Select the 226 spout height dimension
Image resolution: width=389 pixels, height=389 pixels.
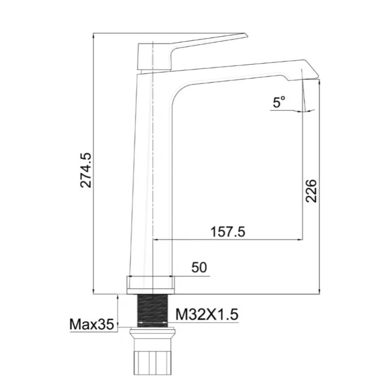pyautogui.click(x=312, y=190)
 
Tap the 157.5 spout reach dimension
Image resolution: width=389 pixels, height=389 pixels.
pyautogui.click(x=227, y=232)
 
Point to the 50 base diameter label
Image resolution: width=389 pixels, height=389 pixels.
pyautogui.click(x=199, y=267)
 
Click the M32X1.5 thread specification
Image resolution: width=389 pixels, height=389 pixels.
pyautogui.click(x=207, y=315)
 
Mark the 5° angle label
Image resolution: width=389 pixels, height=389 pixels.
pyautogui.click(x=279, y=102)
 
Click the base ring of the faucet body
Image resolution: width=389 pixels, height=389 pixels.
pyautogui.click(x=150, y=284)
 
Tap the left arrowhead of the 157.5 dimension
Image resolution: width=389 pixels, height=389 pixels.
pyautogui.click(x=157, y=239)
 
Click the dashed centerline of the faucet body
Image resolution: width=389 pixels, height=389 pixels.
pyautogui.click(x=153, y=170)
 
